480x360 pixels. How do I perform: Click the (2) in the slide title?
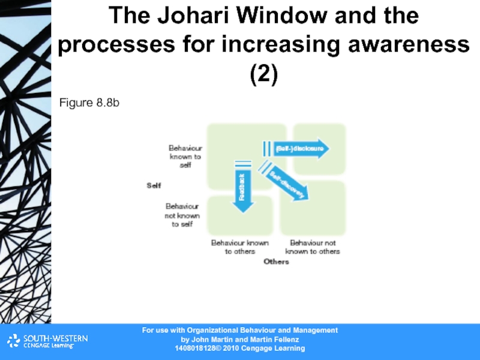(x=263, y=74)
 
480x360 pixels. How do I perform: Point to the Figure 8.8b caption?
(x=89, y=104)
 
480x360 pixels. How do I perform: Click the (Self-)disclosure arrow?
(x=298, y=148)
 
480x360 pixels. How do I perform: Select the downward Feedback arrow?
(x=242, y=187)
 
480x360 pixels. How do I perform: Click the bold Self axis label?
(x=154, y=185)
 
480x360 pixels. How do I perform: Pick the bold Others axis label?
(x=277, y=262)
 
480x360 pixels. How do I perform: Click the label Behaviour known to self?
(x=185, y=156)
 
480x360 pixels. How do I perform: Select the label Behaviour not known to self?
(x=182, y=215)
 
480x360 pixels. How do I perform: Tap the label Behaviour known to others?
(x=239, y=247)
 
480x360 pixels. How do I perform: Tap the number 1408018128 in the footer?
(x=196, y=349)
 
